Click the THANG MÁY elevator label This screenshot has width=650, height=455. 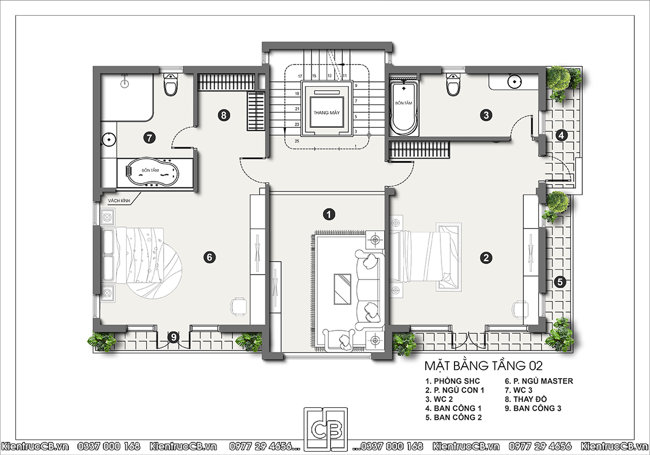tap(327, 113)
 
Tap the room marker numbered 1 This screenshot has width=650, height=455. tap(329, 214)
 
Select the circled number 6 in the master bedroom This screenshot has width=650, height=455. tap(210, 257)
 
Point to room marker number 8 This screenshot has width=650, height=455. tap(224, 115)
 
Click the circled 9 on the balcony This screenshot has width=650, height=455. tap(173, 337)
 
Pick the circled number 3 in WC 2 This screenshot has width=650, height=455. tap(486, 115)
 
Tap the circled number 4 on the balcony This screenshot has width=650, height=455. tap(562, 135)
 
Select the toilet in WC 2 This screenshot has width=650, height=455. tap(453, 84)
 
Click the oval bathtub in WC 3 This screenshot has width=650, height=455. tap(152, 172)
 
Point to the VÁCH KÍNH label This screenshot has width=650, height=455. tap(119, 201)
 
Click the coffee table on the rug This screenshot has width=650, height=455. tap(342, 289)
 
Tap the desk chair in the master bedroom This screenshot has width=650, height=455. tap(238, 307)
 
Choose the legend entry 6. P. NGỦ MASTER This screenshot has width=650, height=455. tap(539, 381)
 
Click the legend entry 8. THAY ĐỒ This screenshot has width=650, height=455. tap(526, 399)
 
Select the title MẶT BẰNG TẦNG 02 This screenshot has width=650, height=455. tap(483, 366)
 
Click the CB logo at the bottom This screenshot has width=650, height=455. tap(326, 430)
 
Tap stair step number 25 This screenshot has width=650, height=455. tap(297, 141)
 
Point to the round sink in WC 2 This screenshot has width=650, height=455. tap(514, 82)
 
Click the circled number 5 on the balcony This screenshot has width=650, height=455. tap(560, 282)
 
